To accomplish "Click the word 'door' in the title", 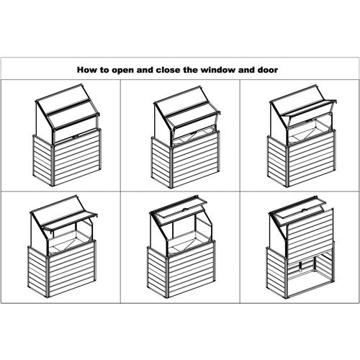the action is tap(268, 70).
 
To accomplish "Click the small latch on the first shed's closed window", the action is tap(75, 137).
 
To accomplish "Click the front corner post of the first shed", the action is tap(53, 165).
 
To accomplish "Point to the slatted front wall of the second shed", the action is tap(196, 160).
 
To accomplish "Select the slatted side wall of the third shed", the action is tap(277, 161).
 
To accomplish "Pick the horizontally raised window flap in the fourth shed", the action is tap(71, 222).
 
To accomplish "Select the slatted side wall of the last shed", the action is tap(276, 273).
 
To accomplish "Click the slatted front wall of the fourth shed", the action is tap(73, 269).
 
